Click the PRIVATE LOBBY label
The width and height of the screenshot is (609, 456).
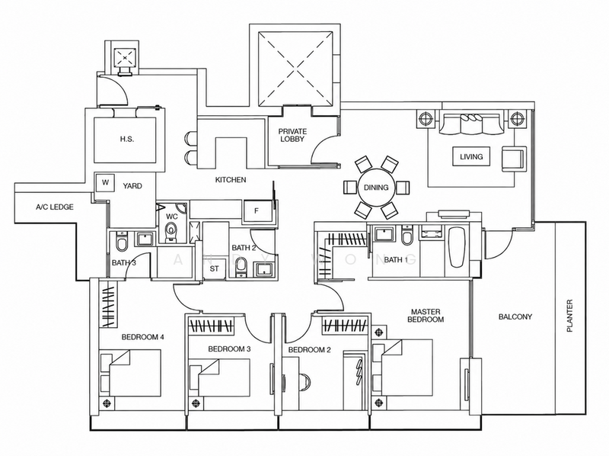(292, 136)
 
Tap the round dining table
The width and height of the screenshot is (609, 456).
(376, 188)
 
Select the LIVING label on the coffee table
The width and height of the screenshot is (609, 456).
(471, 157)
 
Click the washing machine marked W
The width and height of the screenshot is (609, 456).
(105, 182)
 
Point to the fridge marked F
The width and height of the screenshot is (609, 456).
(257, 211)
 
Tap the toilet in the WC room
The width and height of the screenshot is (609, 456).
(171, 231)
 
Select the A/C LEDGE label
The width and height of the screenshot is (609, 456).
(54, 207)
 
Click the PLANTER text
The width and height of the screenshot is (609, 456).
(569, 316)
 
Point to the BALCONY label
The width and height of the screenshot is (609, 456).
(515, 316)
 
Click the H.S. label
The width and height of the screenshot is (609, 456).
(127, 139)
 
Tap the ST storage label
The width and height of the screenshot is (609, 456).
(215, 268)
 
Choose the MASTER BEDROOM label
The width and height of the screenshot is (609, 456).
(426, 316)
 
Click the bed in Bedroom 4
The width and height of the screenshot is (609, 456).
(130, 373)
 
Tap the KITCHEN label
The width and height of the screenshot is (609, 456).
(231, 180)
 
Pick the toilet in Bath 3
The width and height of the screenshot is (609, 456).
(122, 242)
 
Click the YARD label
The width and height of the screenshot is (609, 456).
(132, 186)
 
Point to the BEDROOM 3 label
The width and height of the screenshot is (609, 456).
(229, 349)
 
